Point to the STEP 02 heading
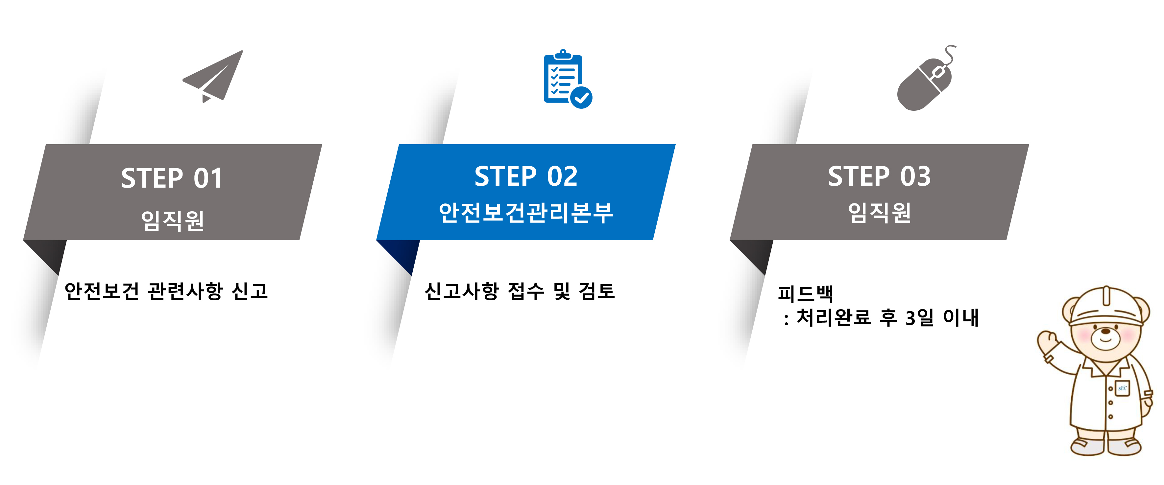[x=525, y=176]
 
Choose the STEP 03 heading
[x=879, y=176]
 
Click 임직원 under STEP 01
[x=173, y=220]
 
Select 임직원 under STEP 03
[x=879, y=212]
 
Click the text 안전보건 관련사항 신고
[x=166, y=291]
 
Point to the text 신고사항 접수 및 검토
[x=520, y=291]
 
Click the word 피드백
[x=805, y=293]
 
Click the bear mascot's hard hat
[x=1106, y=307]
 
